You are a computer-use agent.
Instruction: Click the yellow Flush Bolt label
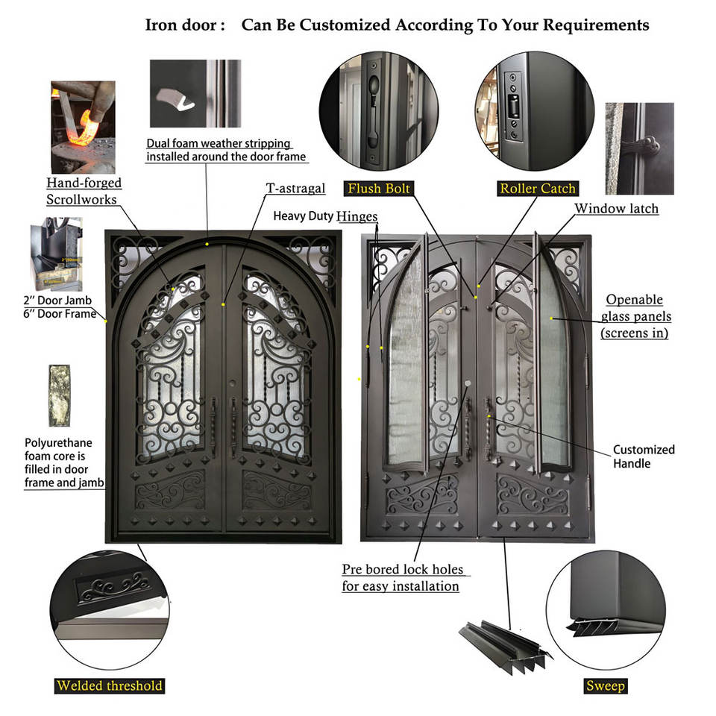point(379,188)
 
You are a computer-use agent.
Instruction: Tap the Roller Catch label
point(538,188)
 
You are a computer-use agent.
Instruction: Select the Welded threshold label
point(110,685)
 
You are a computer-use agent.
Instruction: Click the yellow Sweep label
point(606,685)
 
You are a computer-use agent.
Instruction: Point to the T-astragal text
point(295,188)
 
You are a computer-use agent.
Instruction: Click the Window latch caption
point(617,208)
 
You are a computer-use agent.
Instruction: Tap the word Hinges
point(357,216)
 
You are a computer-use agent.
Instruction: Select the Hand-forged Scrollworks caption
point(84,191)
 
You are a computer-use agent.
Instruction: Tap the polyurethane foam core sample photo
point(60,395)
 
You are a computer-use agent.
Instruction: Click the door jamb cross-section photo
point(56,254)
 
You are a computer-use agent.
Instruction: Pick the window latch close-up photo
point(639,148)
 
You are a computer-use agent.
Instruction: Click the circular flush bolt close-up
point(379,111)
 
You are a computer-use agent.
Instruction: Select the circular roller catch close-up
point(535,111)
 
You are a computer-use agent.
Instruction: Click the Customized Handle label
point(644,456)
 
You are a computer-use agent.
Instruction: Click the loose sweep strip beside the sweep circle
point(505,646)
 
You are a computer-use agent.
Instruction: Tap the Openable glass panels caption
point(635,316)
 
